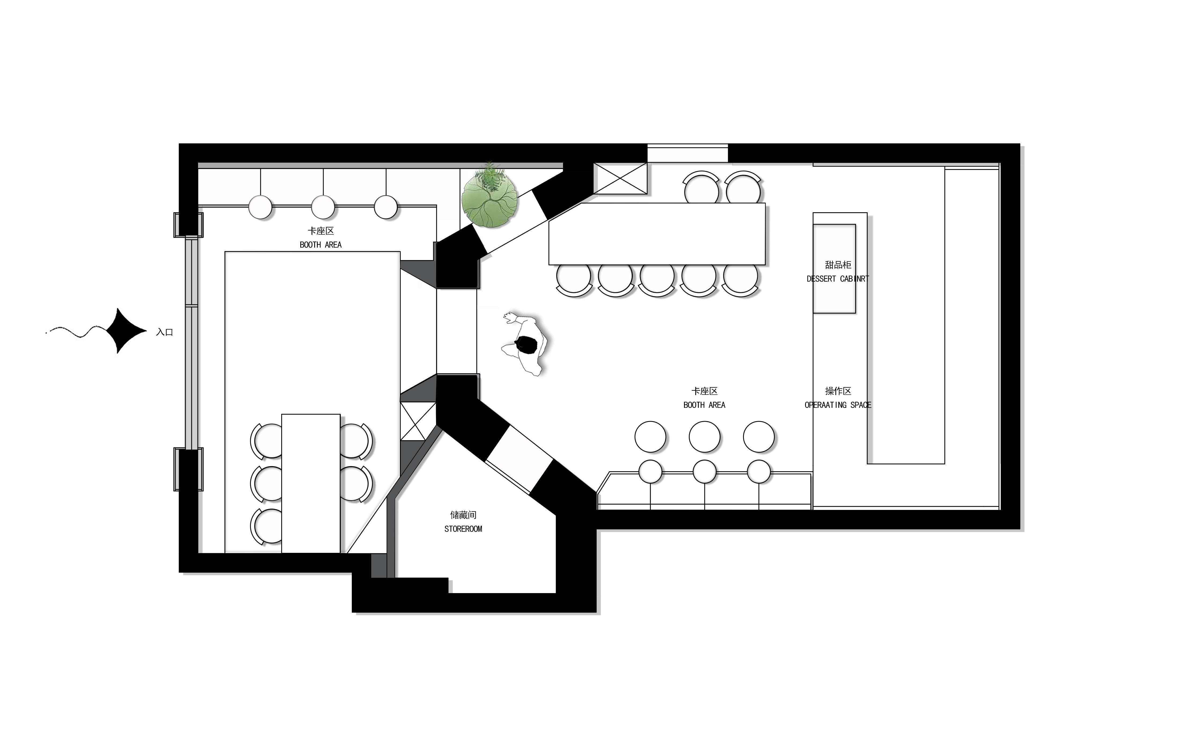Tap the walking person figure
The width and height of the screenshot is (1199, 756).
pos(526,343)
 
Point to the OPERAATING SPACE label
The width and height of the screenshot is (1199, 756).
pos(838,405)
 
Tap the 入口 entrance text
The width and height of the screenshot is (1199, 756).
pos(164,332)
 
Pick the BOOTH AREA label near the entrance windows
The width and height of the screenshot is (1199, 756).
pos(321,244)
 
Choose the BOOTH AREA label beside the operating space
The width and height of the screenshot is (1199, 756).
pos(704,405)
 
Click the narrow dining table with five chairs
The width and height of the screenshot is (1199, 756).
pos(311,483)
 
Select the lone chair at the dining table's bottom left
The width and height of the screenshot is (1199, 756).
pos(266,526)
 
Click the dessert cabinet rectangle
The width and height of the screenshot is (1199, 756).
pos(834,268)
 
